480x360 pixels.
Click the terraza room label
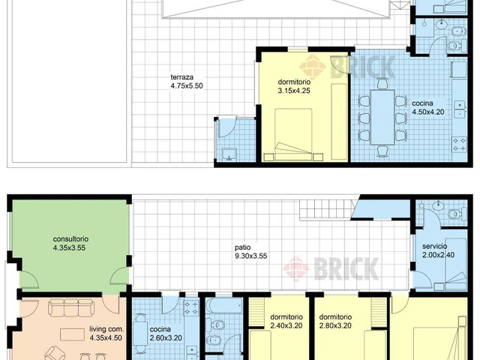[x=181, y=77]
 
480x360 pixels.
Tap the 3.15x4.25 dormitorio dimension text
[x=294, y=91]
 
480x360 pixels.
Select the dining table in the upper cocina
[x=382, y=117]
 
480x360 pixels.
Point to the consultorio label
[x=70, y=239]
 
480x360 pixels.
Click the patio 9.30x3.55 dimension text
[x=251, y=256]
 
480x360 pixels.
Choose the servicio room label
[x=435, y=246]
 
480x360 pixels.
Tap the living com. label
[x=106, y=329]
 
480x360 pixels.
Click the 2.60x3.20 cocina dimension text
[x=166, y=338]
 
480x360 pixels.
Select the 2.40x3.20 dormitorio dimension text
[x=286, y=325]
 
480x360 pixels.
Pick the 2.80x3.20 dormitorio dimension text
[x=335, y=325]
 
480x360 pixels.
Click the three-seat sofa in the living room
[x=70, y=307]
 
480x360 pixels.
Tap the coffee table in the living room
[x=72, y=334]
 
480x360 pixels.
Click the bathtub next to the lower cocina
[x=224, y=306]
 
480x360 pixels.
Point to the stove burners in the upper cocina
[x=459, y=145]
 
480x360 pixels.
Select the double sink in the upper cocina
[x=460, y=109]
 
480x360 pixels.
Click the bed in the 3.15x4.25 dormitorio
[x=293, y=134]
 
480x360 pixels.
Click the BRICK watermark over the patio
[x=331, y=268]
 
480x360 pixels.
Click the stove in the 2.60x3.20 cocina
[x=191, y=307]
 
